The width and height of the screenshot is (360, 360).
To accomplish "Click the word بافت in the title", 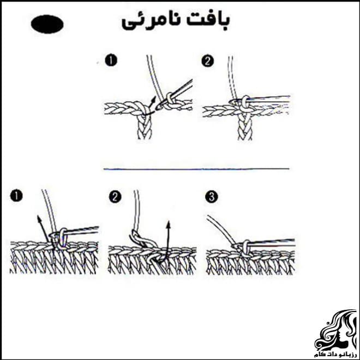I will coord(209,21).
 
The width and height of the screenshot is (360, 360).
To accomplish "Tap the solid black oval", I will coord(49,23).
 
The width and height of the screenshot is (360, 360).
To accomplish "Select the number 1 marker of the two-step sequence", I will coord(112,61).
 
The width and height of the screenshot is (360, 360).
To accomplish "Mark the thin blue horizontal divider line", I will coord(196,169).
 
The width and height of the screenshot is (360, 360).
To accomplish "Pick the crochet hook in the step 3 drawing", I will coord(273,242).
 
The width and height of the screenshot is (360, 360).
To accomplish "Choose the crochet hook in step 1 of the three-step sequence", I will coord(82,230).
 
